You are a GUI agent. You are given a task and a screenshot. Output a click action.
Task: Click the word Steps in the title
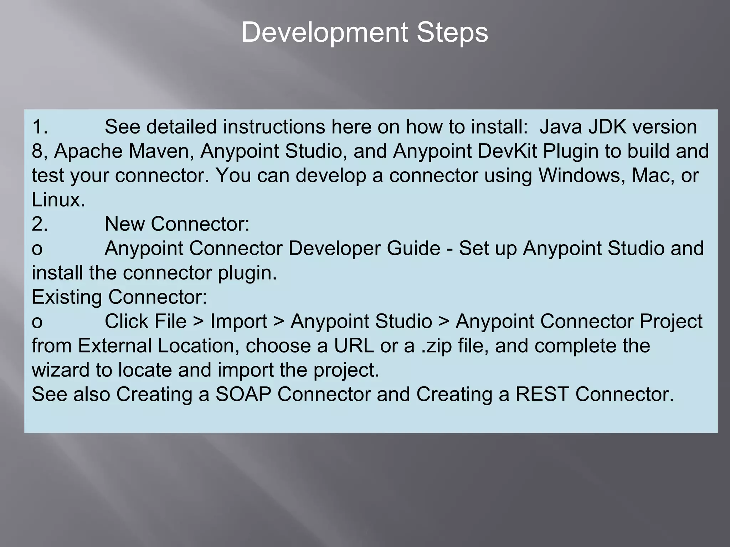click(452, 33)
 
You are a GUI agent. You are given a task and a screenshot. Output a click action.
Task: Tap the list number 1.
click(40, 127)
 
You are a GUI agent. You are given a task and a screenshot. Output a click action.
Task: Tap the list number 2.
click(40, 224)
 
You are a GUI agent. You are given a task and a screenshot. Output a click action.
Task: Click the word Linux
click(58, 199)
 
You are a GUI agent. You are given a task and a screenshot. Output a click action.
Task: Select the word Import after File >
click(238, 321)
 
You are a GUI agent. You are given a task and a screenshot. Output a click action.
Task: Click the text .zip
click(436, 345)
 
